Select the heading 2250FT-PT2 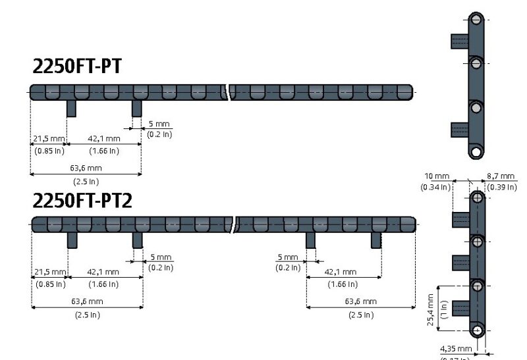tap(82, 200)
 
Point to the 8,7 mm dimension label tap(501, 176)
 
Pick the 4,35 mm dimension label tap(456, 348)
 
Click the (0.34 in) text tap(435, 187)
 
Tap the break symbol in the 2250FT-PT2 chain tap(235, 224)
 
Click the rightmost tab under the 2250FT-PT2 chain tap(376, 240)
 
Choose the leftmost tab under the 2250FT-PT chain tap(71, 108)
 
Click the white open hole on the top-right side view tap(476, 152)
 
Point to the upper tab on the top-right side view tap(459, 41)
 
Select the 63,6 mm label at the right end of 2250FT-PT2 tap(361, 301)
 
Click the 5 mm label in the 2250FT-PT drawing tap(159, 123)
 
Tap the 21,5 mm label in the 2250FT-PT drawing tap(49, 139)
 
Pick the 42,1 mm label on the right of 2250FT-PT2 tap(341, 272)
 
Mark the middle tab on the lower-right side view tap(460, 263)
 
